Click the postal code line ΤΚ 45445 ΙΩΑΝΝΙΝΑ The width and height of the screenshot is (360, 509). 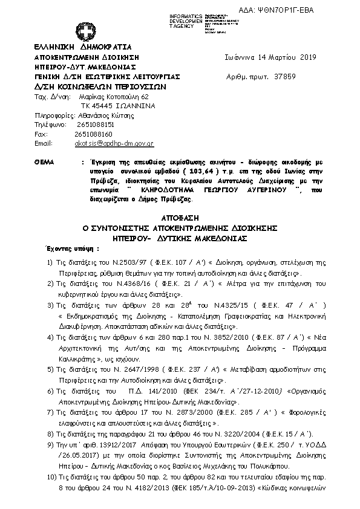point(114,106)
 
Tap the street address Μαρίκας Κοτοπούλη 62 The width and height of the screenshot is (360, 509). point(111,97)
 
